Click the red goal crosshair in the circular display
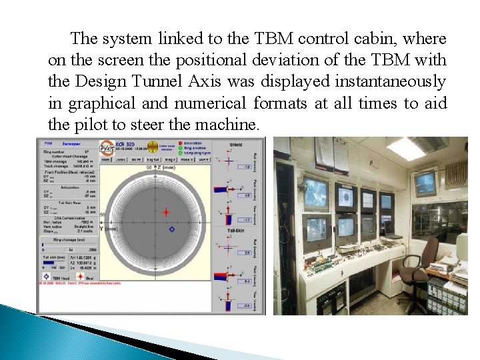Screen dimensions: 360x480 [166, 211]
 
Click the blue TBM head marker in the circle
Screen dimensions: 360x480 [171, 229]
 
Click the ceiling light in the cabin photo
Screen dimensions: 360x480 [407, 148]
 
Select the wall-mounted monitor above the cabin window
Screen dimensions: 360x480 [425, 182]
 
